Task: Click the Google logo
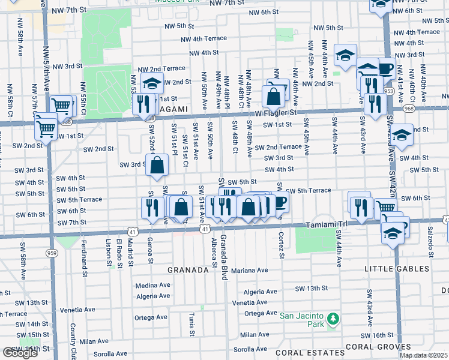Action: click(20, 353)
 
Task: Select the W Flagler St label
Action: click(276, 112)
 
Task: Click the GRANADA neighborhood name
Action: click(188, 271)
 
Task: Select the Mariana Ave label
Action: click(250, 271)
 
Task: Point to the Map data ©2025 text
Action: click(424, 355)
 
